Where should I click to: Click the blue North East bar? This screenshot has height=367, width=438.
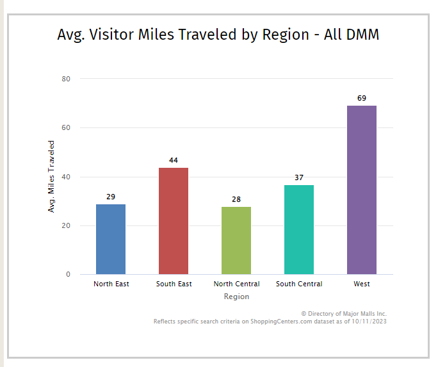coord(111,239)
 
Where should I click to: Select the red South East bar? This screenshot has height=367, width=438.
coord(174,221)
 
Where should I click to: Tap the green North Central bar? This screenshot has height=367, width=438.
coord(236,240)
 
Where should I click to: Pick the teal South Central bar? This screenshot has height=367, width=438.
coord(299,229)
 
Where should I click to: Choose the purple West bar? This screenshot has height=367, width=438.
coord(362,190)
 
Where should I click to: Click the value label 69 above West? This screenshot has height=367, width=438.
coord(362,98)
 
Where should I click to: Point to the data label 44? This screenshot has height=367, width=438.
coord(174,160)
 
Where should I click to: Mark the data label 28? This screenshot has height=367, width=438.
coord(236,199)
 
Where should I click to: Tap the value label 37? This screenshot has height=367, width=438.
coord(299,177)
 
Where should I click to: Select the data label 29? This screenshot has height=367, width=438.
coord(111,197)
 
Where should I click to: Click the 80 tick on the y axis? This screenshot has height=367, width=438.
coord(66,79)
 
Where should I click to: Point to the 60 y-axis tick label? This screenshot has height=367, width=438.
coord(66,127)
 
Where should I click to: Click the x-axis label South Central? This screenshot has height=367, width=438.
coord(299,284)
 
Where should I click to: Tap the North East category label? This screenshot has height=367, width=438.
coord(111,284)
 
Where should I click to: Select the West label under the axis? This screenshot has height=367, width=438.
coord(362,284)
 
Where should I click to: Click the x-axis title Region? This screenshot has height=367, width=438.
coord(236,297)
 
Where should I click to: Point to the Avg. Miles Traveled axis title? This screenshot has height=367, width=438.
coord(52,176)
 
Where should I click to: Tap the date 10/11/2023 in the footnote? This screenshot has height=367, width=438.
coord(368,322)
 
